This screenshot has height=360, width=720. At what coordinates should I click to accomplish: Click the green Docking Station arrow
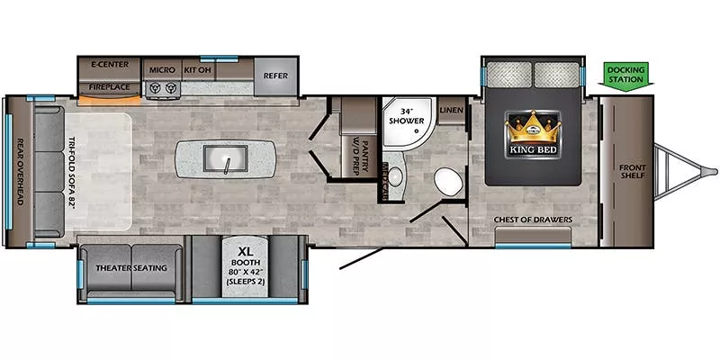click(x=625, y=75)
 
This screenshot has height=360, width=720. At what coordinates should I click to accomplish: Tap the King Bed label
click(x=533, y=150)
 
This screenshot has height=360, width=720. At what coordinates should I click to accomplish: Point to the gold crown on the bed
click(x=533, y=125)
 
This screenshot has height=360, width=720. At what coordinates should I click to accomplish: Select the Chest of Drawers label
click(x=533, y=219)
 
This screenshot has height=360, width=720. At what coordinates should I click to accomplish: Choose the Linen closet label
click(x=452, y=110)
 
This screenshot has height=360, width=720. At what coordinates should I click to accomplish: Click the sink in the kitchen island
click(x=222, y=159)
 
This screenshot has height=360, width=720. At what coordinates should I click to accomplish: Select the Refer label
click(x=275, y=76)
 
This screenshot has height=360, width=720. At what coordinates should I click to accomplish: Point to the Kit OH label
click(x=197, y=68)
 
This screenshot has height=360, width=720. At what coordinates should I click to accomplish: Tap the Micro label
click(x=162, y=68)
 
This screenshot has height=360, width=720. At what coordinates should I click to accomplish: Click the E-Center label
click(x=110, y=65)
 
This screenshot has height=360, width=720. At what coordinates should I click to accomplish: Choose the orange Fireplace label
click(x=112, y=88)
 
